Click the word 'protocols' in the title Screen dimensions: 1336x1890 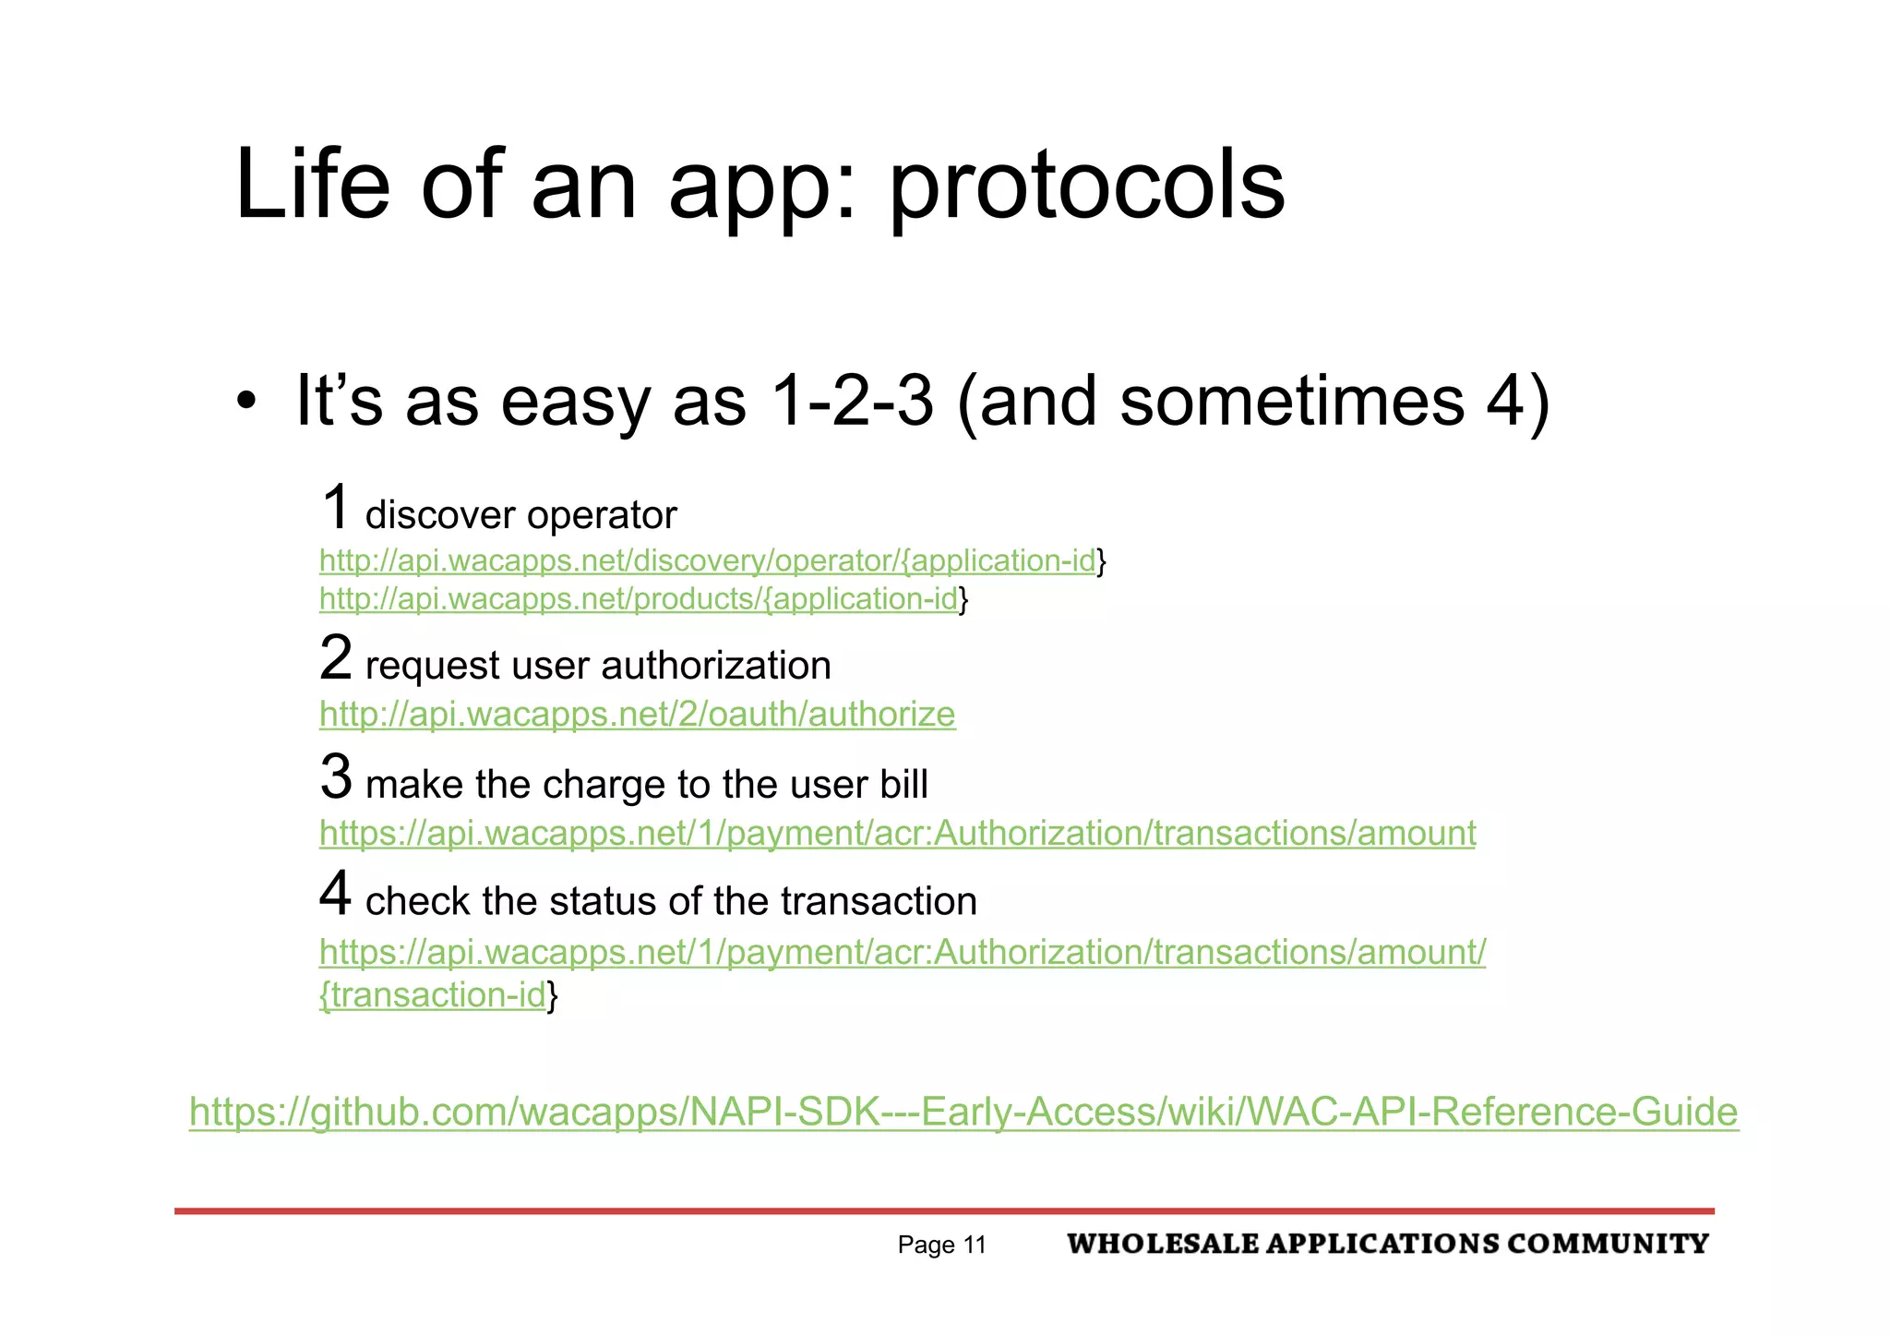click(x=1086, y=187)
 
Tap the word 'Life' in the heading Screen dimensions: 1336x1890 click(x=312, y=185)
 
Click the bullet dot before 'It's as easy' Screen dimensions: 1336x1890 click(x=245, y=403)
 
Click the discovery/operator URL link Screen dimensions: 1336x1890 click(x=707, y=560)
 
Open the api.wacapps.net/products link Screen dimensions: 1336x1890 click(x=639, y=599)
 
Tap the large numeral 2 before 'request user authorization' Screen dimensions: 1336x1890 click(x=336, y=658)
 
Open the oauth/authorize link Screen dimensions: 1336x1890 click(x=637, y=714)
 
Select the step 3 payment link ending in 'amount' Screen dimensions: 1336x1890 click(x=897, y=833)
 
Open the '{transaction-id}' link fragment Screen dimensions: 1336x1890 click(x=434, y=995)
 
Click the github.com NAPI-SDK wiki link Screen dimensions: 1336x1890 click(x=963, y=1112)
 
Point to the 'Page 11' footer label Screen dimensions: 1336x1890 click(x=941, y=1246)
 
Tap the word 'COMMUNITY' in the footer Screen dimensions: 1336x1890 click(x=1608, y=1244)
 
